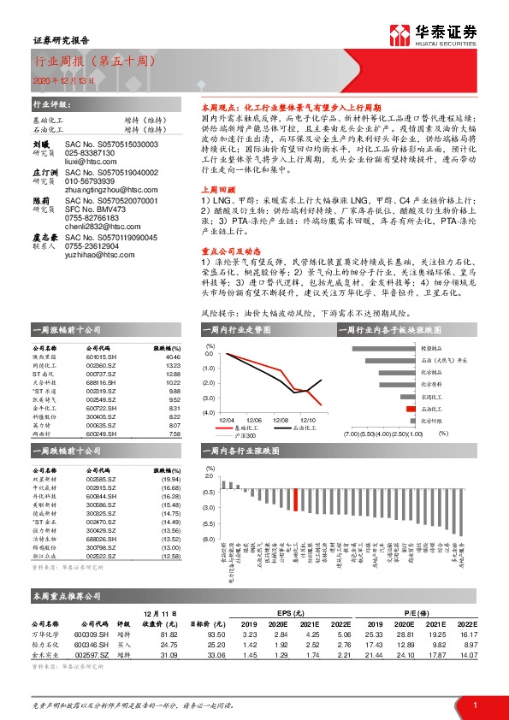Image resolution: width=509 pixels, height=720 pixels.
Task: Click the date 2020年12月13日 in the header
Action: pyautogui.click(x=59, y=80)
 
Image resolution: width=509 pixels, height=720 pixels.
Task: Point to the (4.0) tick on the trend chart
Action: pyautogui.click(x=207, y=412)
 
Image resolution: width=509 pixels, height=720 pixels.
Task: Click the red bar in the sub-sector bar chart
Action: pyautogui.click(x=411, y=410)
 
